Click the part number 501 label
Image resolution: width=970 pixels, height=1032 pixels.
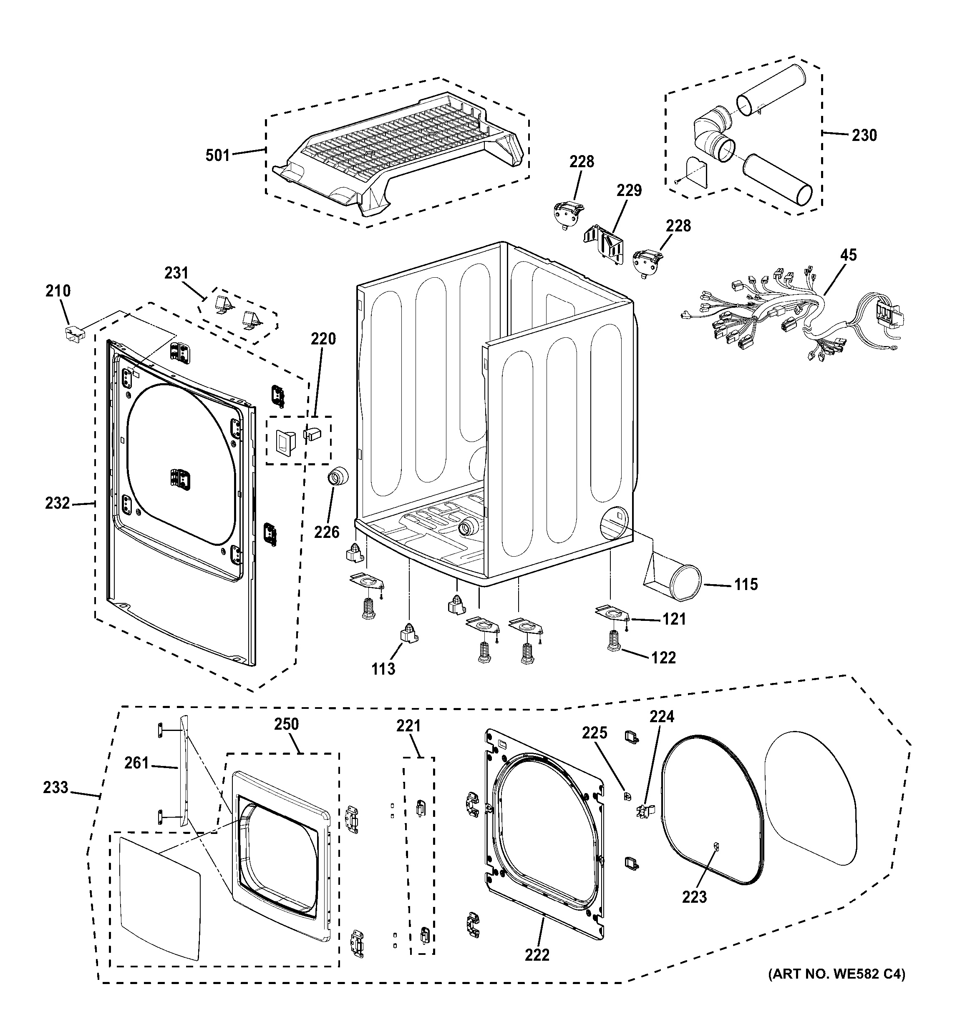217,155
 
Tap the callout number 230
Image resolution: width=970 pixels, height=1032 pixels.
864,136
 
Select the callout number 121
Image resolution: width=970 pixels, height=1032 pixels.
674,619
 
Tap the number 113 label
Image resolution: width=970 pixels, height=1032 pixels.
383,669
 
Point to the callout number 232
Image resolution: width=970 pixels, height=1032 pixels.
57,503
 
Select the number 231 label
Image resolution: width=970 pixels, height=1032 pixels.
176,273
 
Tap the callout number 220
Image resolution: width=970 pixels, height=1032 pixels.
323,339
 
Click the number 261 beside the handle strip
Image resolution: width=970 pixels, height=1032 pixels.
136,763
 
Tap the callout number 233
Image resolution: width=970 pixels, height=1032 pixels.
55,788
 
